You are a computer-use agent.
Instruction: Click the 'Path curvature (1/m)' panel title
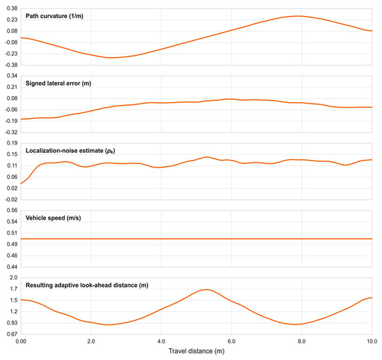[x=54, y=16]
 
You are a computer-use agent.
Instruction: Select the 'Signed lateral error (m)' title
[x=58, y=83]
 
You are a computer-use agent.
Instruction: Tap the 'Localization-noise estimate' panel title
[x=70, y=151]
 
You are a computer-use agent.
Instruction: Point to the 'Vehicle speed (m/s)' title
[x=53, y=218]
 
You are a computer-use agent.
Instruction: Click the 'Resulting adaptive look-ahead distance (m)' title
[x=87, y=285]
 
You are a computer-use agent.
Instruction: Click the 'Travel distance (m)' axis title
[x=197, y=351]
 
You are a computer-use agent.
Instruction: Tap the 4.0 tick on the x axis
[x=161, y=341]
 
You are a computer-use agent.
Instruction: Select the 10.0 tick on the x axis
[x=372, y=341]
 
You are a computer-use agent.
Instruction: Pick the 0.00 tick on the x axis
[x=21, y=341]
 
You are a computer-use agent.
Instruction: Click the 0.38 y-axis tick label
[x=13, y=9]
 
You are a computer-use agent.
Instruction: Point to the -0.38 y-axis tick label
[x=11, y=65]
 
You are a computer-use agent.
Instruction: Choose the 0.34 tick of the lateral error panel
[x=13, y=76]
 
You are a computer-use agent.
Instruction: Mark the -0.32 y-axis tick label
[x=11, y=132]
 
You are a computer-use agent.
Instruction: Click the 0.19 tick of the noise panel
[x=13, y=143]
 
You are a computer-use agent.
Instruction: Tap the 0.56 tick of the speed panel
[x=13, y=211]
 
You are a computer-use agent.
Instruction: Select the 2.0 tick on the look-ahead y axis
[x=14, y=277]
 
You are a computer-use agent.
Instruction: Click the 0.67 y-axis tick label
[x=13, y=334]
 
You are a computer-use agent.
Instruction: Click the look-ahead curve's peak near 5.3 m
[x=206, y=290]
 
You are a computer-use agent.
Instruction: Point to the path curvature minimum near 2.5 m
[x=110, y=58]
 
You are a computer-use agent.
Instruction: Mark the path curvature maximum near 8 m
[x=298, y=16]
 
